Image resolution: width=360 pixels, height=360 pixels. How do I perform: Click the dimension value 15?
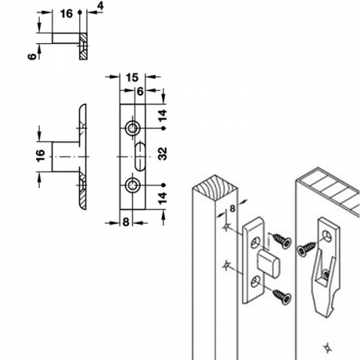pyautogui.click(x=132, y=78)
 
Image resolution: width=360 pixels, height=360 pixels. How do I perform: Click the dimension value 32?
pyautogui.click(x=163, y=153)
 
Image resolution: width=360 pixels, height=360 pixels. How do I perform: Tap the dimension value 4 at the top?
pyautogui.click(x=100, y=6)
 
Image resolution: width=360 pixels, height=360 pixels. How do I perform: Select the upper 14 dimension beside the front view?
pyautogui.click(x=163, y=115)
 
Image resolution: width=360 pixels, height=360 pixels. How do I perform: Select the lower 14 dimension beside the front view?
pyautogui.click(x=163, y=198)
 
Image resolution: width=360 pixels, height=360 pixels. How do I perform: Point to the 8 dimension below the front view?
pyautogui.click(x=126, y=222)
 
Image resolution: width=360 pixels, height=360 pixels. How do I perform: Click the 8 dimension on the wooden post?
pyautogui.click(x=233, y=209)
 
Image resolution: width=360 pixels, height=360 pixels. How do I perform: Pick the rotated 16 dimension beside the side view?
pyautogui.click(x=40, y=156)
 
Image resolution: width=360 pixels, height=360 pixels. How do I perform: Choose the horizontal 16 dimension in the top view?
pyautogui.click(x=66, y=14)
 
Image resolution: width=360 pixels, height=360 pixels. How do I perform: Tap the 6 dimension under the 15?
pyautogui.click(x=140, y=91)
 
